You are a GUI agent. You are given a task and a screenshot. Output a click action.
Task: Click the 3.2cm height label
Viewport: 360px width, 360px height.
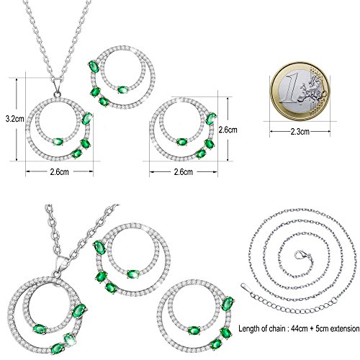tap(15, 119)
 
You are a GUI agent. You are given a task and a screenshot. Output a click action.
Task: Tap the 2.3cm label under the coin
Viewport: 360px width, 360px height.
tap(300, 132)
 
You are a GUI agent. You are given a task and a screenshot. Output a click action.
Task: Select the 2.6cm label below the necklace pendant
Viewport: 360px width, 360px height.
tap(60, 172)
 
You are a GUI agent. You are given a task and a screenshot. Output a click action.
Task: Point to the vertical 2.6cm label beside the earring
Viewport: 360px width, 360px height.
tap(228, 130)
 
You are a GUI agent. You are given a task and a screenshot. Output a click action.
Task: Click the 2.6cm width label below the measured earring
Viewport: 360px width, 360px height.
tap(183, 172)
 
